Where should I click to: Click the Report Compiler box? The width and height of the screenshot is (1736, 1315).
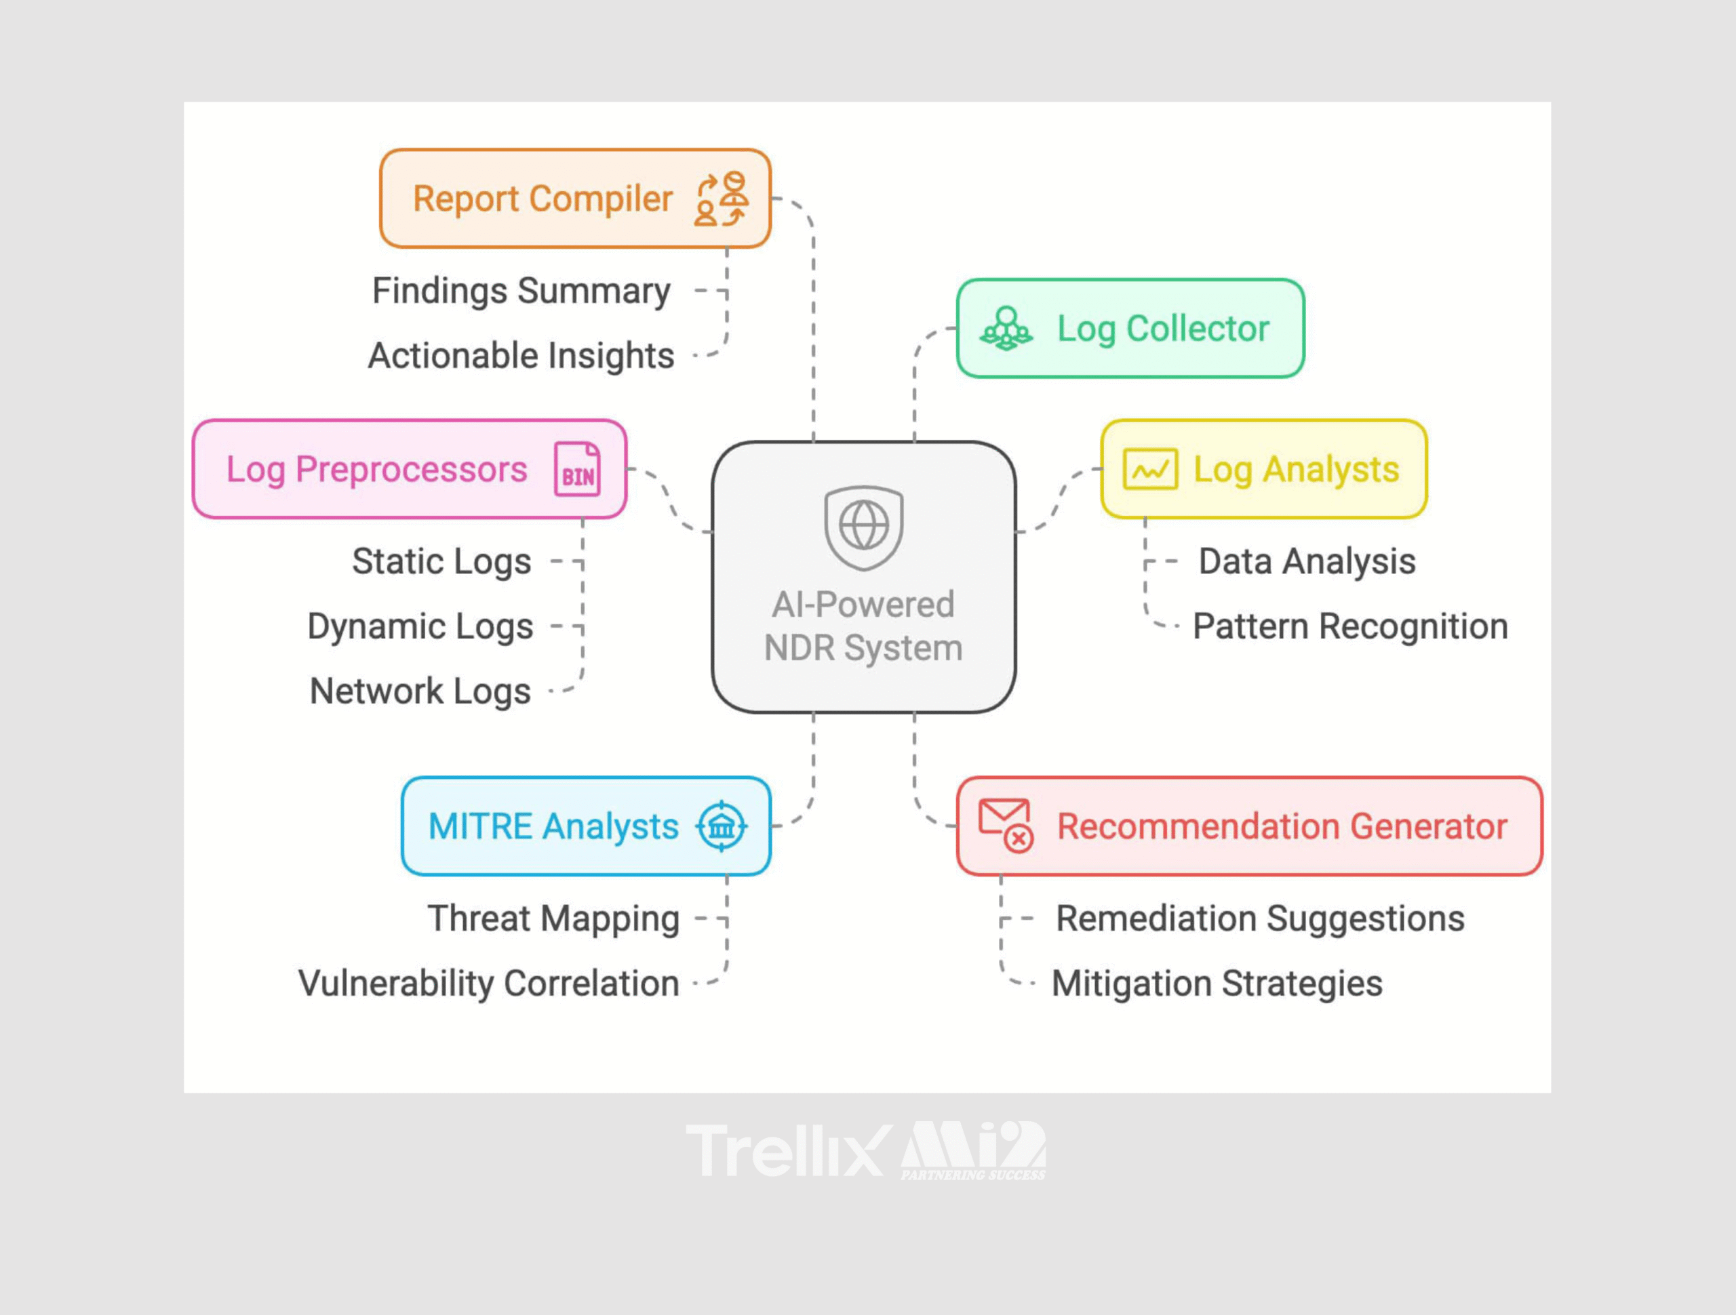coord(574,199)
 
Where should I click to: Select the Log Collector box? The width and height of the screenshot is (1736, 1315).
coord(1130,328)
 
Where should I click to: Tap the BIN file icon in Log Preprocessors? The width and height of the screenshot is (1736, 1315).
coord(578,469)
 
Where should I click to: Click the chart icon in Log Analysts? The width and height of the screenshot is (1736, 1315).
coord(1149,469)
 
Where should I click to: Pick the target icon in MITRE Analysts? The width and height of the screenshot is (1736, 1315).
coord(722,826)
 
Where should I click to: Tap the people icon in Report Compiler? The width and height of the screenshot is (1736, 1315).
coord(722,199)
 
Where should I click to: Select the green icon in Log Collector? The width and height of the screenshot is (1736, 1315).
coord(1006,329)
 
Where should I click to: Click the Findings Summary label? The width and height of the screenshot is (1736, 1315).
coord(521,291)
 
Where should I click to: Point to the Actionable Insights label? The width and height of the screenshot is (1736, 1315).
coord(521,355)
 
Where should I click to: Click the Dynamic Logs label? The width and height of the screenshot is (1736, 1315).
coord(420,627)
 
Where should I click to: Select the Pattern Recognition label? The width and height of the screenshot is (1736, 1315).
coord(1350,627)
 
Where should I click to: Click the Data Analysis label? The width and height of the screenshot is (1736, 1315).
coord(1307,562)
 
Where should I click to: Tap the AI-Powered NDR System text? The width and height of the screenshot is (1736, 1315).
coord(863,626)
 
